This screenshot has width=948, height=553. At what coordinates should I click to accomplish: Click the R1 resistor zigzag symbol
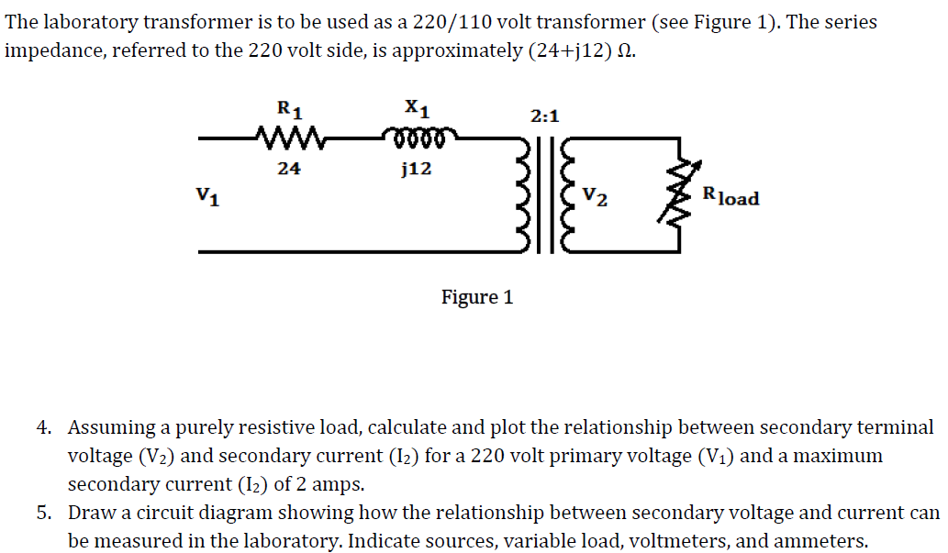tap(288, 140)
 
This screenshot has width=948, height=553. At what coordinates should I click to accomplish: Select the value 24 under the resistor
tap(289, 169)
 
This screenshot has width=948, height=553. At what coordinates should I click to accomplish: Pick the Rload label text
tap(731, 195)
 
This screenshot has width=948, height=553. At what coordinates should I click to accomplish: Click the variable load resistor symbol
tap(681, 194)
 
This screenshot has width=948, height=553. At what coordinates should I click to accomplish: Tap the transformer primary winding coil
tap(527, 194)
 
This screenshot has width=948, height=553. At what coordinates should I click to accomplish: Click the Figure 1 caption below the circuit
tap(477, 297)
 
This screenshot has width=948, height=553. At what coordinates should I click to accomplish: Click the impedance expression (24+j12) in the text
tap(575, 50)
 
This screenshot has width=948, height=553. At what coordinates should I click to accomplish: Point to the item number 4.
tap(44, 427)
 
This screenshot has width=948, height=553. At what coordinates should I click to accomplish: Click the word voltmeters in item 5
tap(676, 541)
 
